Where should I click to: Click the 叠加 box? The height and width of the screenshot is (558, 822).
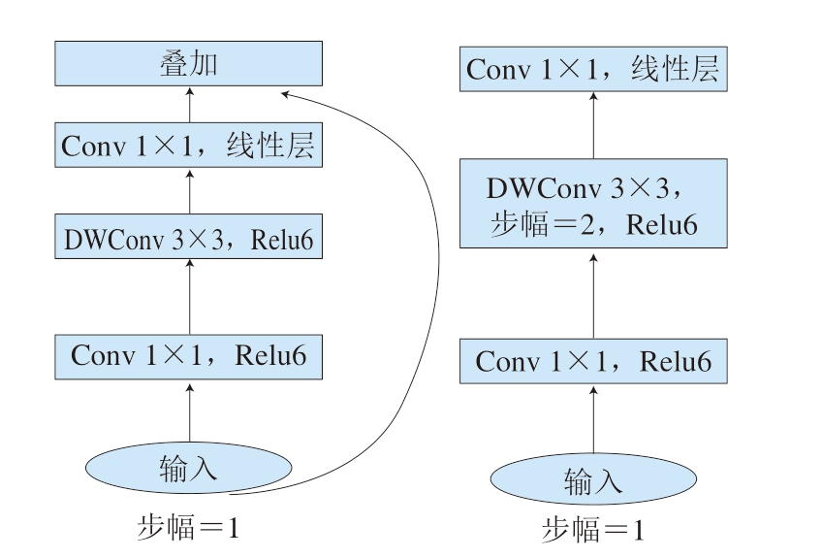click(x=189, y=63)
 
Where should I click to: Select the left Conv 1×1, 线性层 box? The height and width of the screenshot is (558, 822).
click(x=189, y=145)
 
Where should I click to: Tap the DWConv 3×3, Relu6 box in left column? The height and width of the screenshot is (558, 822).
click(x=189, y=236)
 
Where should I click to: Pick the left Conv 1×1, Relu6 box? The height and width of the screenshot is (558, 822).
click(x=189, y=357)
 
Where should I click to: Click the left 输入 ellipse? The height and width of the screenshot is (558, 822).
click(x=189, y=467)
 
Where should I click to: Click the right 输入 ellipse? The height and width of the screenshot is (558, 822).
click(x=593, y=478)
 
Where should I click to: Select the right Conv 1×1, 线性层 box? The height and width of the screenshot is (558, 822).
click(x=593, y=69)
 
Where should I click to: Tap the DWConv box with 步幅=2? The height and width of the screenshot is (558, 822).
click(x=593, y=203)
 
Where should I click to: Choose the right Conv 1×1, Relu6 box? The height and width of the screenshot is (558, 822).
click(x=593, y=361)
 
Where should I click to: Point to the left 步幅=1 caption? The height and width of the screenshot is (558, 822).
click(x=189, y=527)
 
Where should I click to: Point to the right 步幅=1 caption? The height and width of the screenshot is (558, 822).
click(x=593, y=529)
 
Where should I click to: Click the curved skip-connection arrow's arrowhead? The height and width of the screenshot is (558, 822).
click(x=285, y=94)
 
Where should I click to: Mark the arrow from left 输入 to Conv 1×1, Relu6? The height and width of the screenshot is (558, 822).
click(x=190, y=412)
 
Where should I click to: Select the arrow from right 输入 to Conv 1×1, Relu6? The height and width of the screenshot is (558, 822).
click(x=593, y=420)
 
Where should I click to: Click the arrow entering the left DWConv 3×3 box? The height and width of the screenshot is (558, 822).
click(x=190, y=297)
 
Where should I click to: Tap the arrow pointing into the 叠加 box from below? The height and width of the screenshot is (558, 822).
click(x=190, y=105)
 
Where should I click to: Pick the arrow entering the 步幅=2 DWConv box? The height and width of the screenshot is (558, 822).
click(x=593, y=296)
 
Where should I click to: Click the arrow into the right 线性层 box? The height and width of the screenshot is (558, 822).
click(x=593, y=125)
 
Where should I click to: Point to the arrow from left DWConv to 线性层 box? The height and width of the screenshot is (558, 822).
click(x=190, y=191)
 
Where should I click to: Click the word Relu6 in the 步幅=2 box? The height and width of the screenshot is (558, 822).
click(x=662, y=225)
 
